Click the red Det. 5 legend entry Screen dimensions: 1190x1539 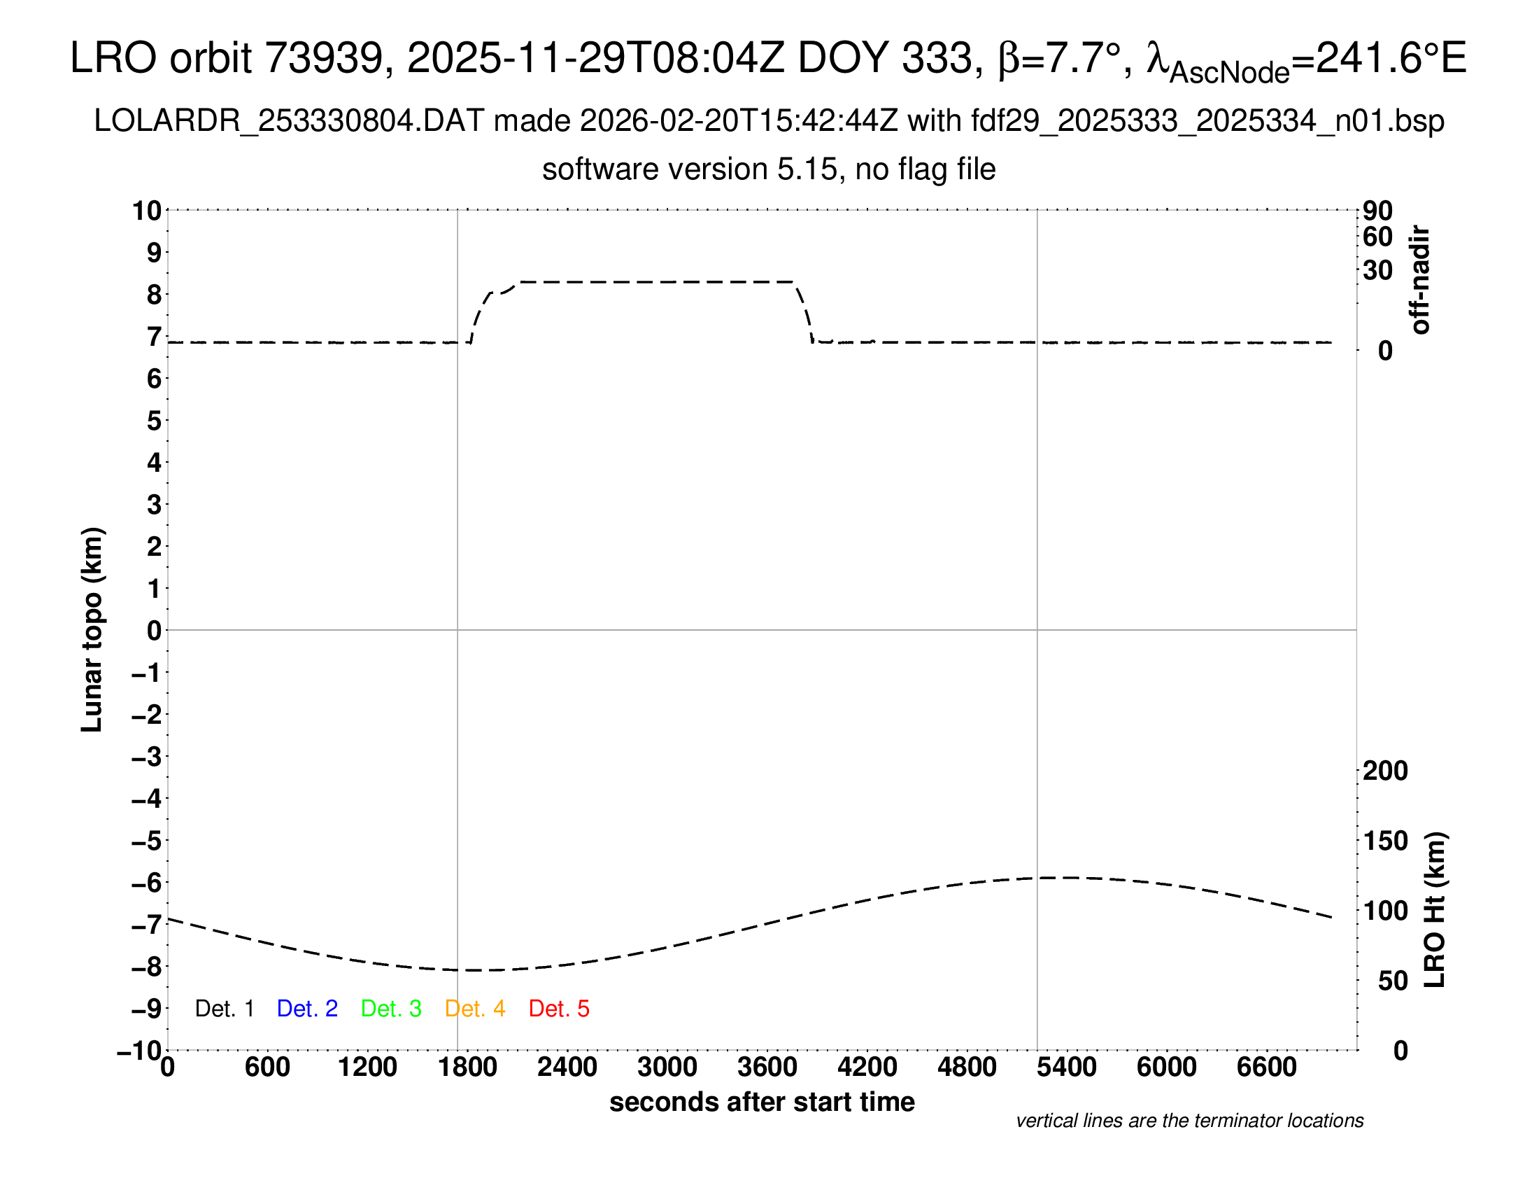coord(559,1009)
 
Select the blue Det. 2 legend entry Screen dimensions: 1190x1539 coord(307,1009)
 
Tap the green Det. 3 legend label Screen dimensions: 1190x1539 coord(391,1009)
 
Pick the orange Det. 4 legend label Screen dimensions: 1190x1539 coord(475,1009)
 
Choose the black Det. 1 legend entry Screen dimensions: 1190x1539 coord(224,1009)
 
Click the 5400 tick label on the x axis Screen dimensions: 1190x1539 coord(1066,1067)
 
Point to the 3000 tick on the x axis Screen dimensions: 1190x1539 coord(667,1067)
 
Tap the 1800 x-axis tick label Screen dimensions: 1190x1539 coord(467,1067)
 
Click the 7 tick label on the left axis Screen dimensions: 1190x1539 coord(155,337)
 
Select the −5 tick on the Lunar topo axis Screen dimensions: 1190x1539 coord(147,841)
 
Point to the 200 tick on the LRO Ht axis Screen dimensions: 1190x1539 coord(1385,771)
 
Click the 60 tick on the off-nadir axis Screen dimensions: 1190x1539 coord(1377,237)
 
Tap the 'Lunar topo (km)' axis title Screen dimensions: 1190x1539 coord(92,629)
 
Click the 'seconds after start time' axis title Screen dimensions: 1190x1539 coord(762,1102)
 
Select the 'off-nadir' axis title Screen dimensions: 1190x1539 coord(1421,280)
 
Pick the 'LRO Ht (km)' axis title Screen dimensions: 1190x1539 coord(1435,910)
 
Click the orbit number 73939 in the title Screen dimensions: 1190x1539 coord(322,58)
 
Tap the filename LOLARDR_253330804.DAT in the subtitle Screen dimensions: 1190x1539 coord(289,121)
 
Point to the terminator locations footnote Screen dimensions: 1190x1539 coord(1189,1121)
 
